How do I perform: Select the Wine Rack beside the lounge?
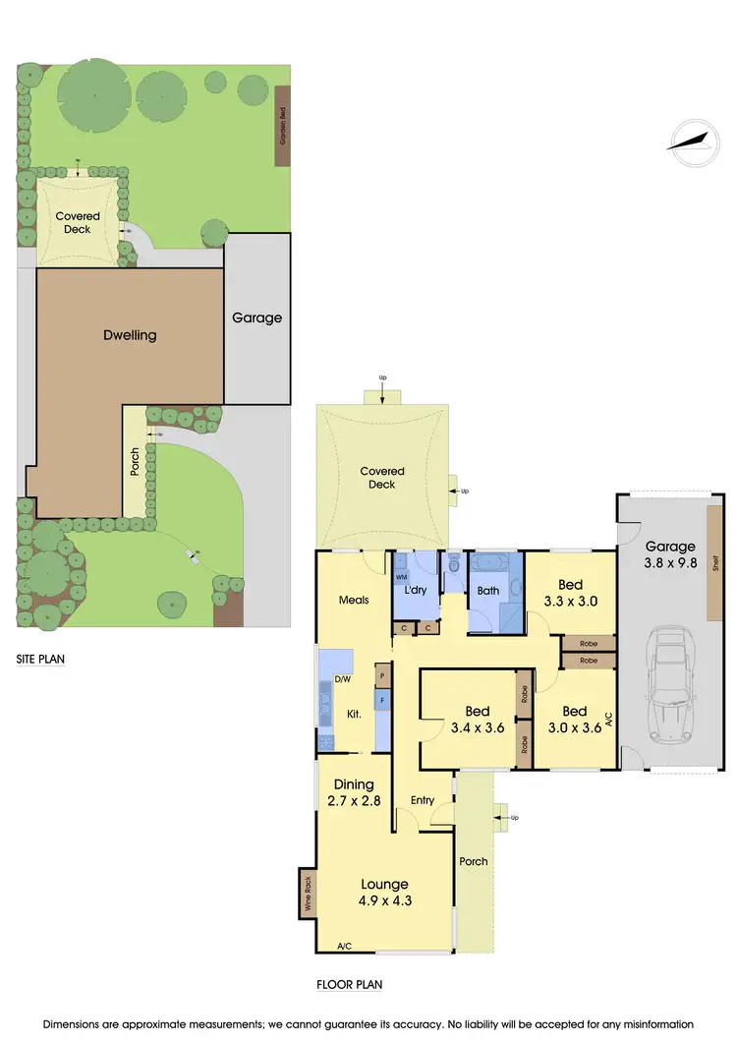tap(307, 894)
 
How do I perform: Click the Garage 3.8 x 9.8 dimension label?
tap(669, 555)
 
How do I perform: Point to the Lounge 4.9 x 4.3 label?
tap(383, 892)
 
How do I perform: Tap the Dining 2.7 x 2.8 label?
tap(354, 792)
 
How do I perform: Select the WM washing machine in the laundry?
tap(401, 578)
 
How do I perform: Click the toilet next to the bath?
tap(454, 567)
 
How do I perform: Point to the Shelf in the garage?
tap(715, 564)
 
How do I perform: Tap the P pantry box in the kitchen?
tap(382, 676)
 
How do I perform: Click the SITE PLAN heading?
tap(40, 660)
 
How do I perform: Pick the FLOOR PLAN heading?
tap(349, 984)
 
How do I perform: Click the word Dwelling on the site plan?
tap(130, 335)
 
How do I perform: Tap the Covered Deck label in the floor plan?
tap(381, 478)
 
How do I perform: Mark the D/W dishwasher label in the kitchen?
tap(343, 679)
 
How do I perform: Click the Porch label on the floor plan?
tap(474, 862)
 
